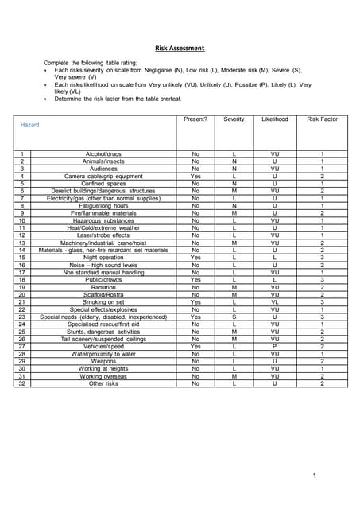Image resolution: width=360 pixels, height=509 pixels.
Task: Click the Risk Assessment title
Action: [x=180, y=48]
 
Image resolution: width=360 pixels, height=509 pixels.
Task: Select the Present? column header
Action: [x=195, y=119]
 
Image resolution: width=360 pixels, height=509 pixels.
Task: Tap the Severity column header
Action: [x=234, y=119]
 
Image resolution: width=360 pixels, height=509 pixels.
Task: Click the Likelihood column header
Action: [x=274, y=119]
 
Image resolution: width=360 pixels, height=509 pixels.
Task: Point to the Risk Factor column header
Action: [x=322, y=119]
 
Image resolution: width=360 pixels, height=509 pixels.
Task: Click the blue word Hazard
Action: [x=29, y=126]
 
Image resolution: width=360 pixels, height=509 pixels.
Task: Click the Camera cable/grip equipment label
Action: [x=103, y=176]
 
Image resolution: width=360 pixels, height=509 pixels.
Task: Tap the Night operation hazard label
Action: [x=103, y=258]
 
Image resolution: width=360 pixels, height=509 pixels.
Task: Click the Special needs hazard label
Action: [x=103, y=317]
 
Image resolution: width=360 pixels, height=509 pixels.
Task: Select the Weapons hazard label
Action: [x=103, y=362]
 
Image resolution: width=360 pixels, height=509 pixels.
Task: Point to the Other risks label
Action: [x=103, y=383]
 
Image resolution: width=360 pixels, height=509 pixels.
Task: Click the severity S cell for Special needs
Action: [x=234, y=317]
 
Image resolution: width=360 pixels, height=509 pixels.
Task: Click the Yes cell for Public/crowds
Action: [x=195, y=280]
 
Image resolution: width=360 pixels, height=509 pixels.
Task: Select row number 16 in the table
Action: [x=23, y=265]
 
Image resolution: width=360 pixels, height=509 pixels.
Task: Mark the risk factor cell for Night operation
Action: [x=322, y=258]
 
